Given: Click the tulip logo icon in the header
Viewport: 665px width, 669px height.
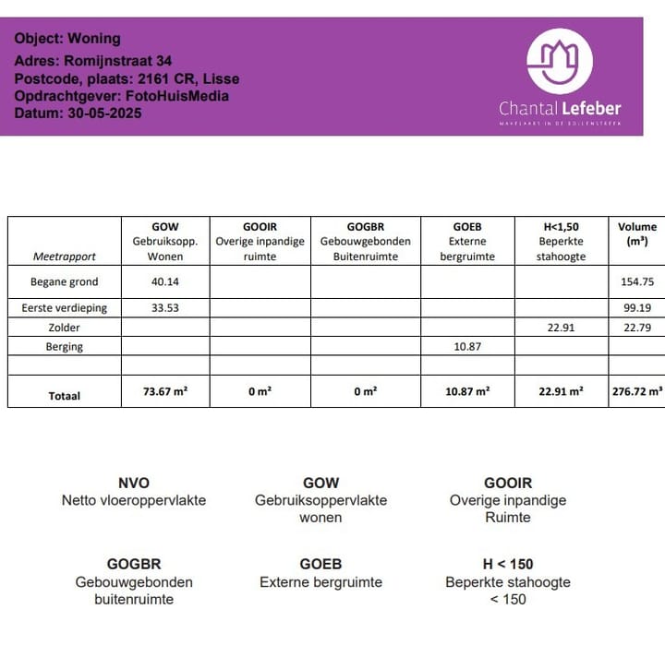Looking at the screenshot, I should tap(559, 61).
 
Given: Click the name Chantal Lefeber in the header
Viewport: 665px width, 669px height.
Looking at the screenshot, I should tap(560, 108).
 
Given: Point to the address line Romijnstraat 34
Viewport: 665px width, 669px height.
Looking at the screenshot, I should tap(93, 61).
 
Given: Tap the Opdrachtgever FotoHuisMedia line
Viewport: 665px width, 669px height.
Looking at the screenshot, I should tap(121, 96).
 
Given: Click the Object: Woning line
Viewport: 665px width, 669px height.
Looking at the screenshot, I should tap(67, 39).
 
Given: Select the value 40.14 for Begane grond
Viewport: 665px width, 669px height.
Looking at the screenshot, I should tap(164, 282).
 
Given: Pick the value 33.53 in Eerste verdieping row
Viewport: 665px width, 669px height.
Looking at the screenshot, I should tap(164, 308).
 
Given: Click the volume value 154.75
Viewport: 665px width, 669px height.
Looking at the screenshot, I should tap(636, 282).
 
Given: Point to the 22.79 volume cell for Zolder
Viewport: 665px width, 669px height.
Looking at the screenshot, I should tap(636, 328).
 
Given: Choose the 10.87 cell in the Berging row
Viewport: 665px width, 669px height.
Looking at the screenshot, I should tap(466, 347).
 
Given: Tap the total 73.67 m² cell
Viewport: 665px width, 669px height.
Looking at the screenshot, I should tap(165, 392).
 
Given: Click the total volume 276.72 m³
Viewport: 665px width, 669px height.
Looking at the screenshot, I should tap(637, 392).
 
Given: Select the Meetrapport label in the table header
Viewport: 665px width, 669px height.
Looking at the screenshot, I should tap(65, 257).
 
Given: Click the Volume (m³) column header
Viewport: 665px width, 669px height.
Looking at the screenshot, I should tap(637, 233).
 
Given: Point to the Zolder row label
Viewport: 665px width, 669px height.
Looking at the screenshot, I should tap(65, 328).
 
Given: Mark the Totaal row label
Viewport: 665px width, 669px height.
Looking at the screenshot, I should tap(65, 396).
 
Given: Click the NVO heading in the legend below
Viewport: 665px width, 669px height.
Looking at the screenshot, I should tap(134, 483).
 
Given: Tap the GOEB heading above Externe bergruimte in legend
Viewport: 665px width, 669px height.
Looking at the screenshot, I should tap(320, 564).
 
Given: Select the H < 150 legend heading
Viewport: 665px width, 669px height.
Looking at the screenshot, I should tap(508, 564).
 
